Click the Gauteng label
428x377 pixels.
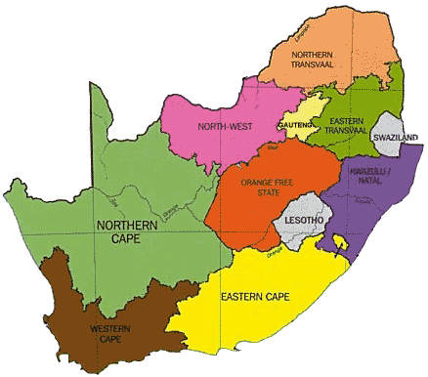pyautogui.click(x=296, y=124)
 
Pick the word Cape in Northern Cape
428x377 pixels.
pyautogui.click(x=122, y=240)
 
